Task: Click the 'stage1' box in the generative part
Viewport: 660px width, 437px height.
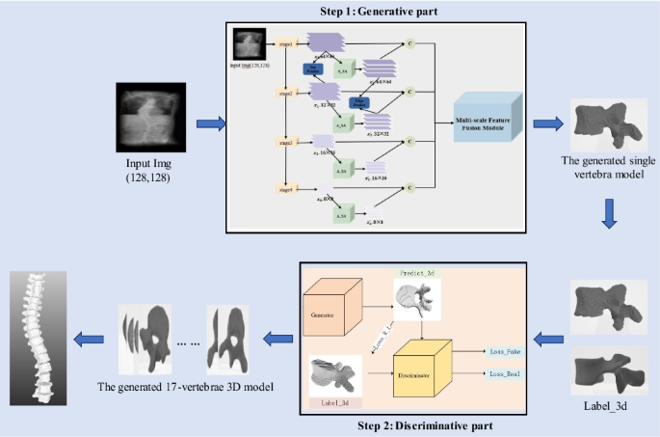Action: click(x=284, y=44)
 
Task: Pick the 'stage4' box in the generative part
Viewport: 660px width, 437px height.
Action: click(x=284, y=190)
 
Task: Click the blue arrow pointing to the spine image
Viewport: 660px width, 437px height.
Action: click(x=90, y=337)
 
